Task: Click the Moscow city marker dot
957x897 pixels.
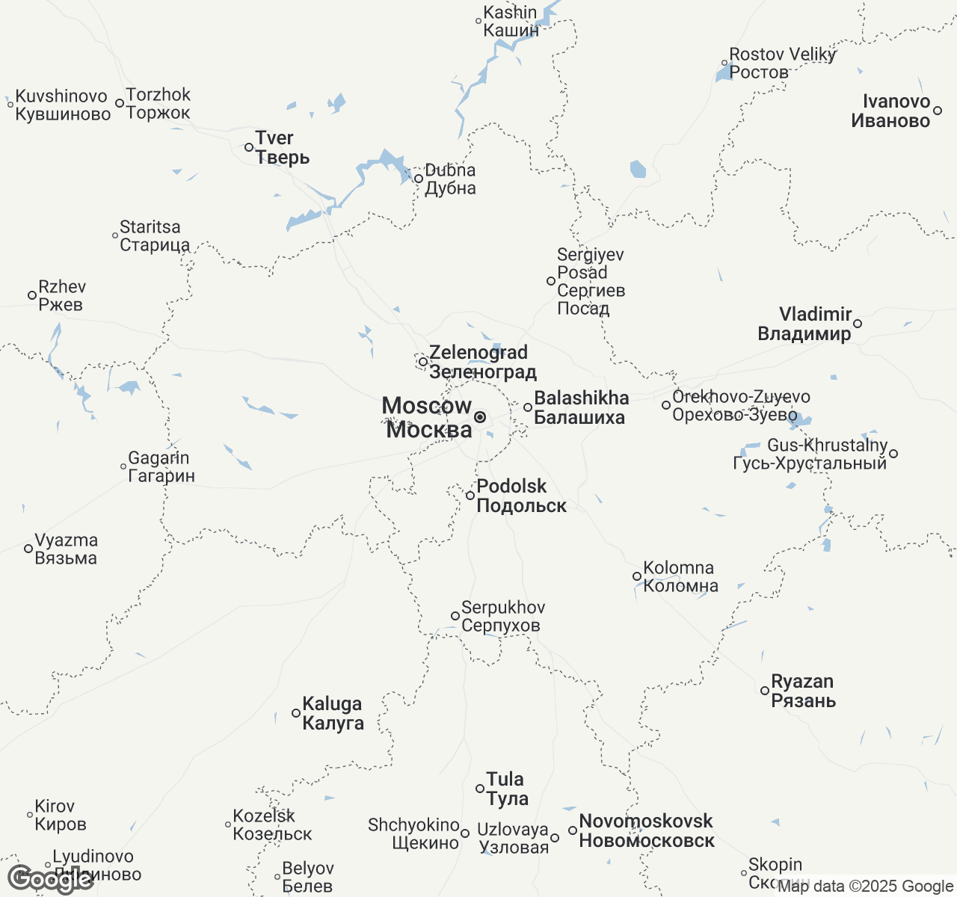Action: pos(480,416)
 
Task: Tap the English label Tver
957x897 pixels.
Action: pos(274,138)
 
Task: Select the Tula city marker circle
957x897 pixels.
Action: pos(480,789)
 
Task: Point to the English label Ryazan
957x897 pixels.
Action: pos(802,682)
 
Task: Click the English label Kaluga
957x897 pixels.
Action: pos(332,704)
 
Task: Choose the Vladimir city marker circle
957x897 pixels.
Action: pos(858,324)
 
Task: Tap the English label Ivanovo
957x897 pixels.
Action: pos(896,102)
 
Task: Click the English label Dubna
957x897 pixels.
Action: pos(450,170)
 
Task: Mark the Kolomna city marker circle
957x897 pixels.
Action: pos(637,576)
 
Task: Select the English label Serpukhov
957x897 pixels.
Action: pos(503,608)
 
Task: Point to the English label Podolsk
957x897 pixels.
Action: pos(512,487)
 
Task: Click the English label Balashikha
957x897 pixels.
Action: pos(582,398)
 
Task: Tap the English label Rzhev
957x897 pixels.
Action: pos(62,287)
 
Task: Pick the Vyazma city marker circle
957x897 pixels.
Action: pos(28,549)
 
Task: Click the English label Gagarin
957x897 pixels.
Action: pos(159,458)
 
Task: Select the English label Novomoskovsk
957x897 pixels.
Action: pos(646,822)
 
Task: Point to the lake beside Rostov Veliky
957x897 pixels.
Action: pos(723,73)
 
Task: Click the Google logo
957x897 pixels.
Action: pos(50,879)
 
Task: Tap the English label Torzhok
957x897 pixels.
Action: pos(159,95)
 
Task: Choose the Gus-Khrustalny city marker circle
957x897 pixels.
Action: pos(893,454)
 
